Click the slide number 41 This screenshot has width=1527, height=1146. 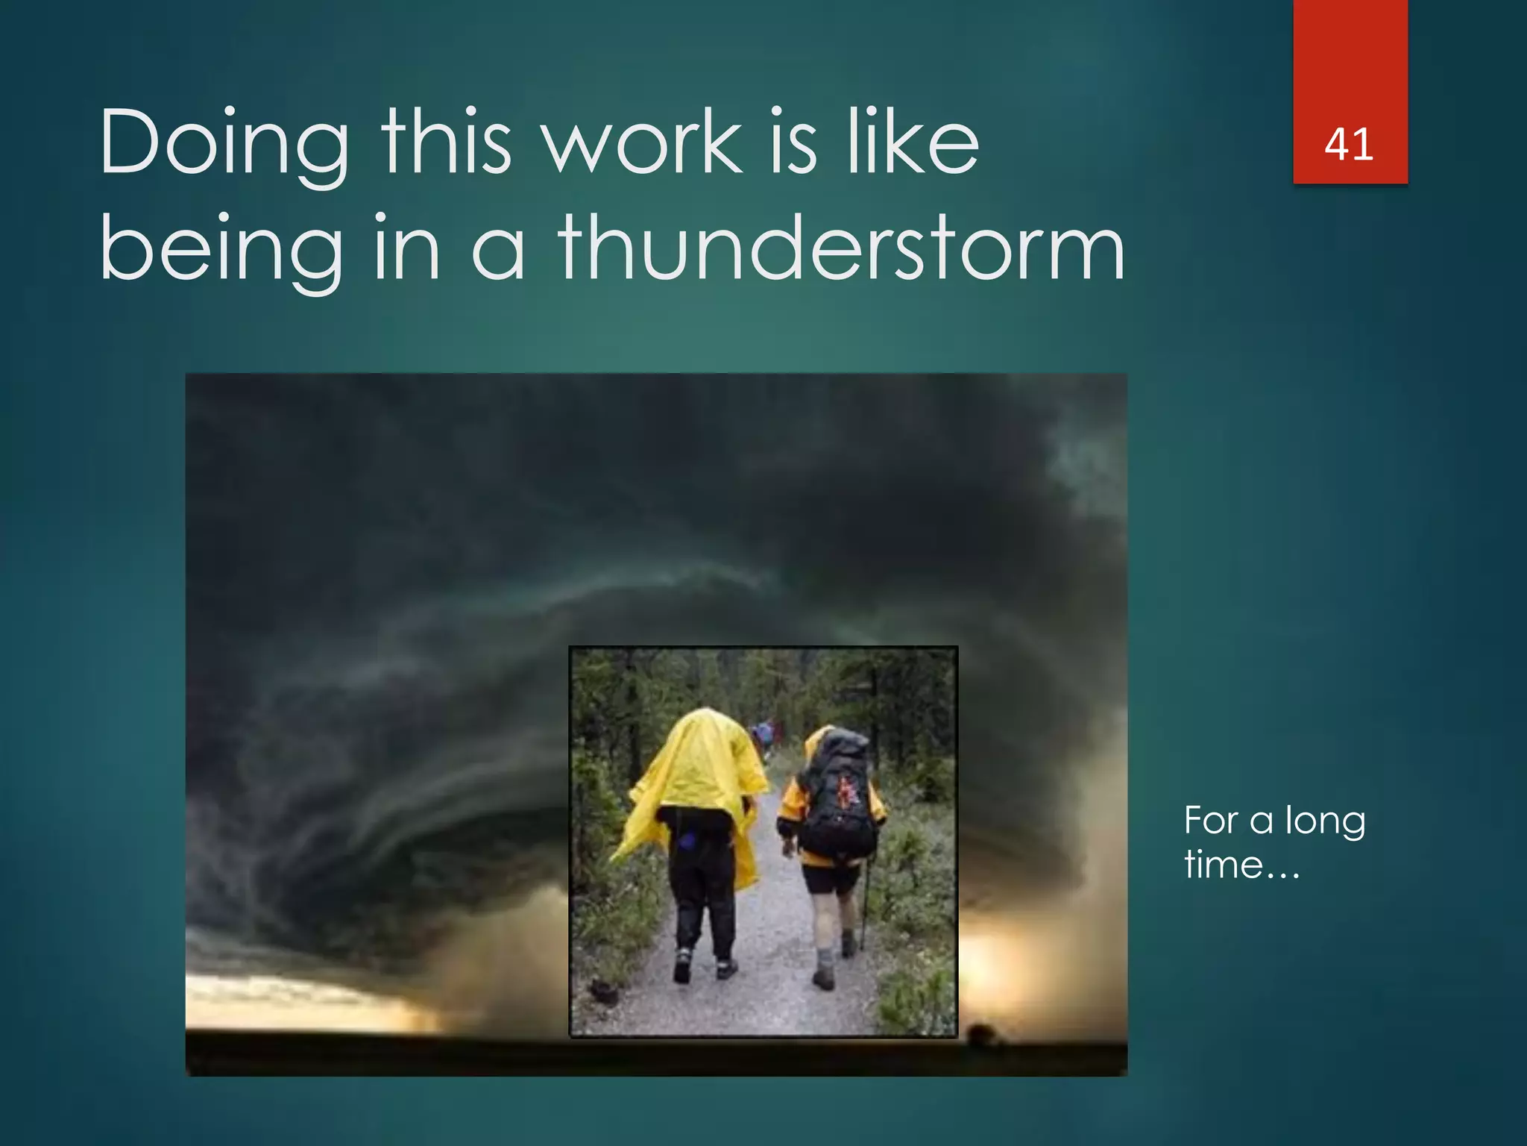click(x=1349, y=144)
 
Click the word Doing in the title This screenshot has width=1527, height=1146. click(x=224, y=144)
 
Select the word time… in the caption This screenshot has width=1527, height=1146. click(x=1241, y=865)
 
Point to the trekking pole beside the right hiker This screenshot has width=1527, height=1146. click(x=864, y=903)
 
